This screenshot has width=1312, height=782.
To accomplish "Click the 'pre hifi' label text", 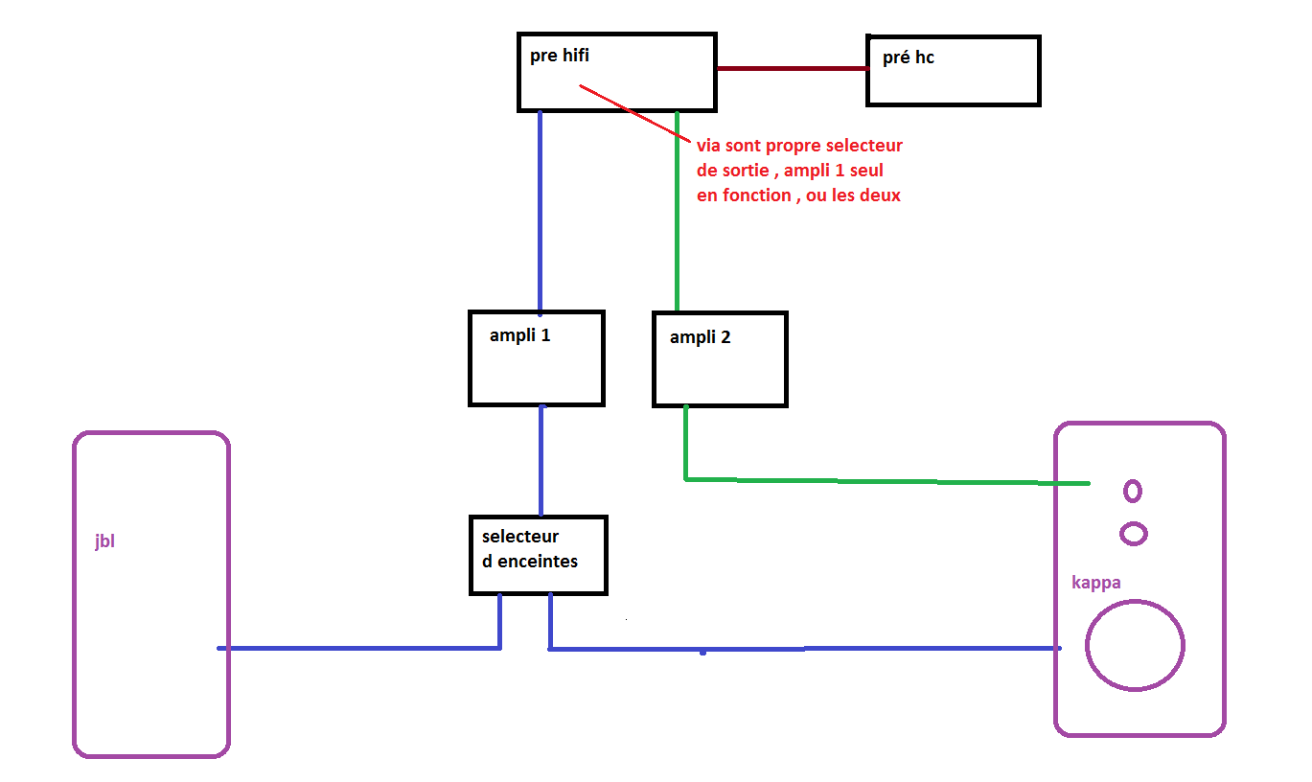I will click(x=560, y=57).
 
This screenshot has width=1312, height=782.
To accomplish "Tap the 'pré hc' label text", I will click(x=908, y=58).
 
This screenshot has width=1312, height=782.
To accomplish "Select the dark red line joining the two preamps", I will click(x=792, y=68).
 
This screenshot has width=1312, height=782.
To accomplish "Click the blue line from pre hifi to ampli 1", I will click(x=540, y=211).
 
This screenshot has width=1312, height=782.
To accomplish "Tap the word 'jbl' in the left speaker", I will click(x=104, y=542).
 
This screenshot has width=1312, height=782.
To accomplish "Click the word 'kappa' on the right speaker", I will click(x=1095, y=583).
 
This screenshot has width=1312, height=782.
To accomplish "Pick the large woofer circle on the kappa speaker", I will click(x=1135, y=645).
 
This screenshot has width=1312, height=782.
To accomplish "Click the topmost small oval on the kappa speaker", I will click(x=1132, y=491).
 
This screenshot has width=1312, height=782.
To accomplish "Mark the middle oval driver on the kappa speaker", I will click(x=1134, y=533).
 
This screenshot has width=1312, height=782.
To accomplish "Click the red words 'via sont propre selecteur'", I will click(x=799, y=147).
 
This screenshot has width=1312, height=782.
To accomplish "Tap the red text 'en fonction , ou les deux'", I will click(x=798, y=195).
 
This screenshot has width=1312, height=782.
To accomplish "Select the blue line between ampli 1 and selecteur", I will click(x=541, y=460).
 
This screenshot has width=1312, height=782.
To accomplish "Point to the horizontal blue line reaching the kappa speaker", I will click(x=805, y=649).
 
